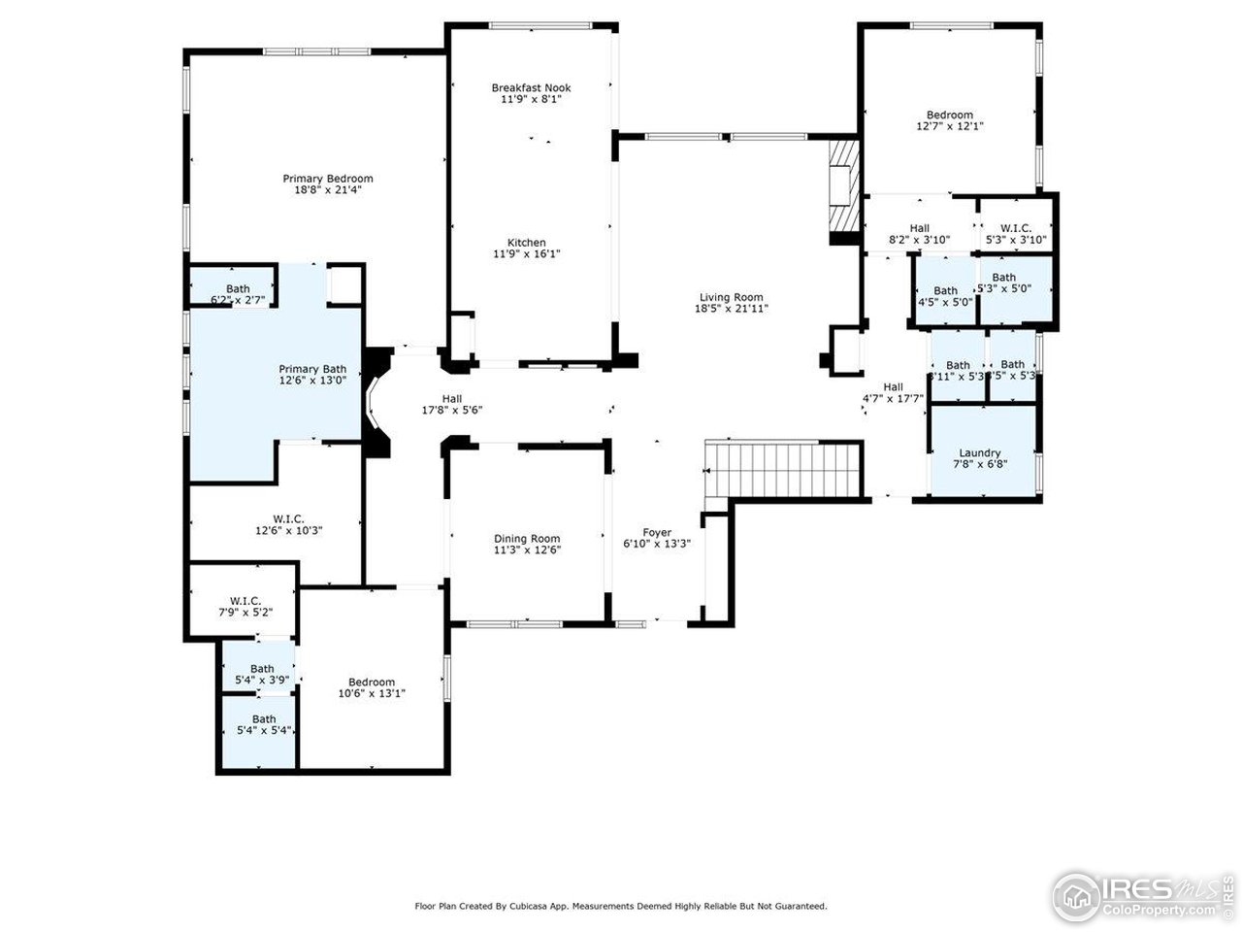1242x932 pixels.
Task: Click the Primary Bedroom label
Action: coord(328,179)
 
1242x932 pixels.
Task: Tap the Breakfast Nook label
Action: coord(531,87)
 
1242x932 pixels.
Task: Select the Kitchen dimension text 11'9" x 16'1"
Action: coord(527,254)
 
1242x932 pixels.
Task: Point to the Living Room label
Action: coord(731,297)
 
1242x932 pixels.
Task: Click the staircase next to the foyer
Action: coord(784,469)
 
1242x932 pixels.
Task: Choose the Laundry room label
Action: coord(979,453)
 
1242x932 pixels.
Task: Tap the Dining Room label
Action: coord(527,539)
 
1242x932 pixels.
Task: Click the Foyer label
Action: coord(657,532)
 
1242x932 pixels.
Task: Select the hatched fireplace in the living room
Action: coord(842,190)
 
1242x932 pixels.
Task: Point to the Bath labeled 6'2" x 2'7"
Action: coord(238,288)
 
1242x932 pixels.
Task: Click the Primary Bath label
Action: coord(312,369)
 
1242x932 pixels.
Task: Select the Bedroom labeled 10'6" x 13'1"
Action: coord(372,682)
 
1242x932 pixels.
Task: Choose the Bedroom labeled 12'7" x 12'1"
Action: coord(950,115)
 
